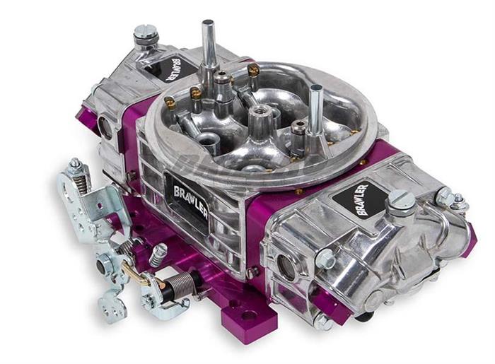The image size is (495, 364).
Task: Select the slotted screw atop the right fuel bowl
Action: click(x=401, y=201)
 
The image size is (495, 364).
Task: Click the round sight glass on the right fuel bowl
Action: click(x=286, y=265)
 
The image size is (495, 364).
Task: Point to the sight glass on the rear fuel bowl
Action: click(x=106, y=127)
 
